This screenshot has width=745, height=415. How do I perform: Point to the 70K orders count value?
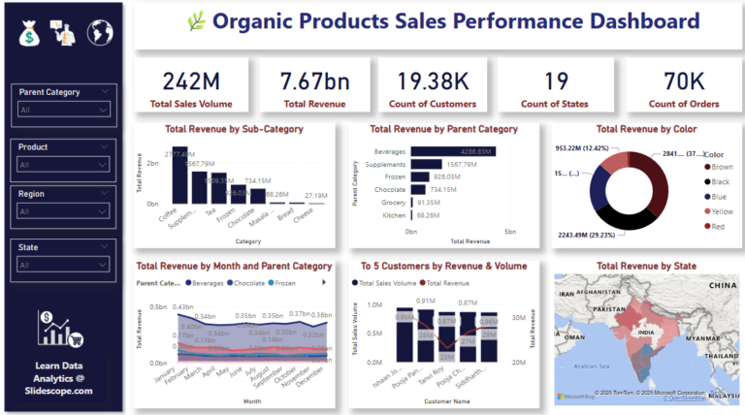coord(676,81)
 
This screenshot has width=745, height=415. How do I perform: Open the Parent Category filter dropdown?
coord(67,111)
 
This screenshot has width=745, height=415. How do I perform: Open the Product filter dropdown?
coord(67,165)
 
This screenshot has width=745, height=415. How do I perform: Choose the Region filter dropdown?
coord(67,211)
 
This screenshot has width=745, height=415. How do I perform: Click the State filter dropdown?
coord(67,264)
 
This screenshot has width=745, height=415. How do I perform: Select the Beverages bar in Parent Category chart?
coord(453,151)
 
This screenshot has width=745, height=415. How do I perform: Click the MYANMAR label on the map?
coord(710,339)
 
